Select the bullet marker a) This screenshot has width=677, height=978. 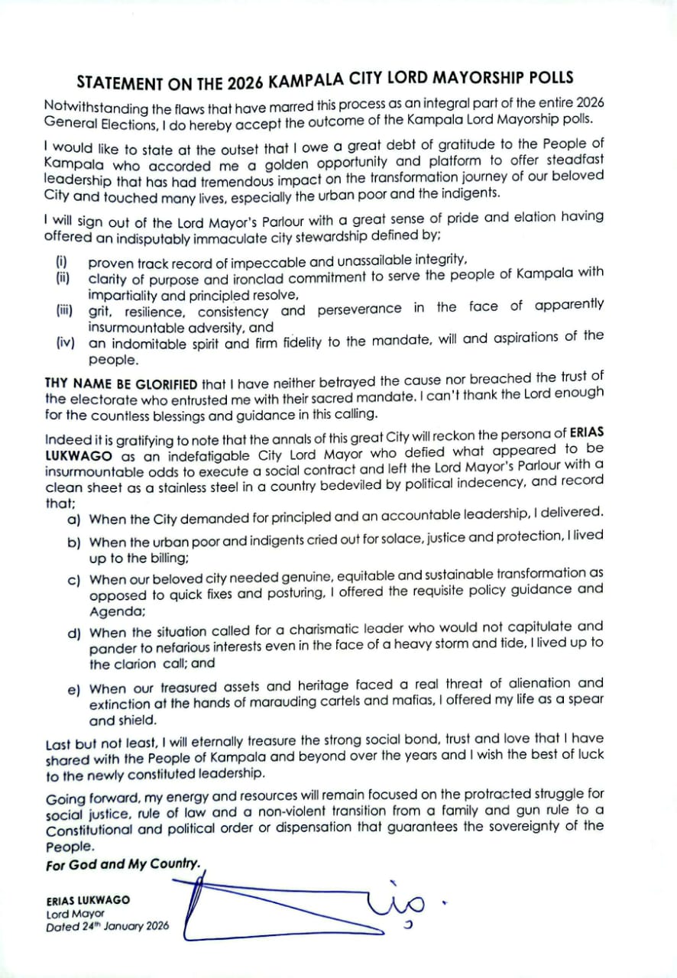coord(74,520)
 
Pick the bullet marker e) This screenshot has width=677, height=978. coord(74,689)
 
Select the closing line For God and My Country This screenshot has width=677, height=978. coord(123,865)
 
